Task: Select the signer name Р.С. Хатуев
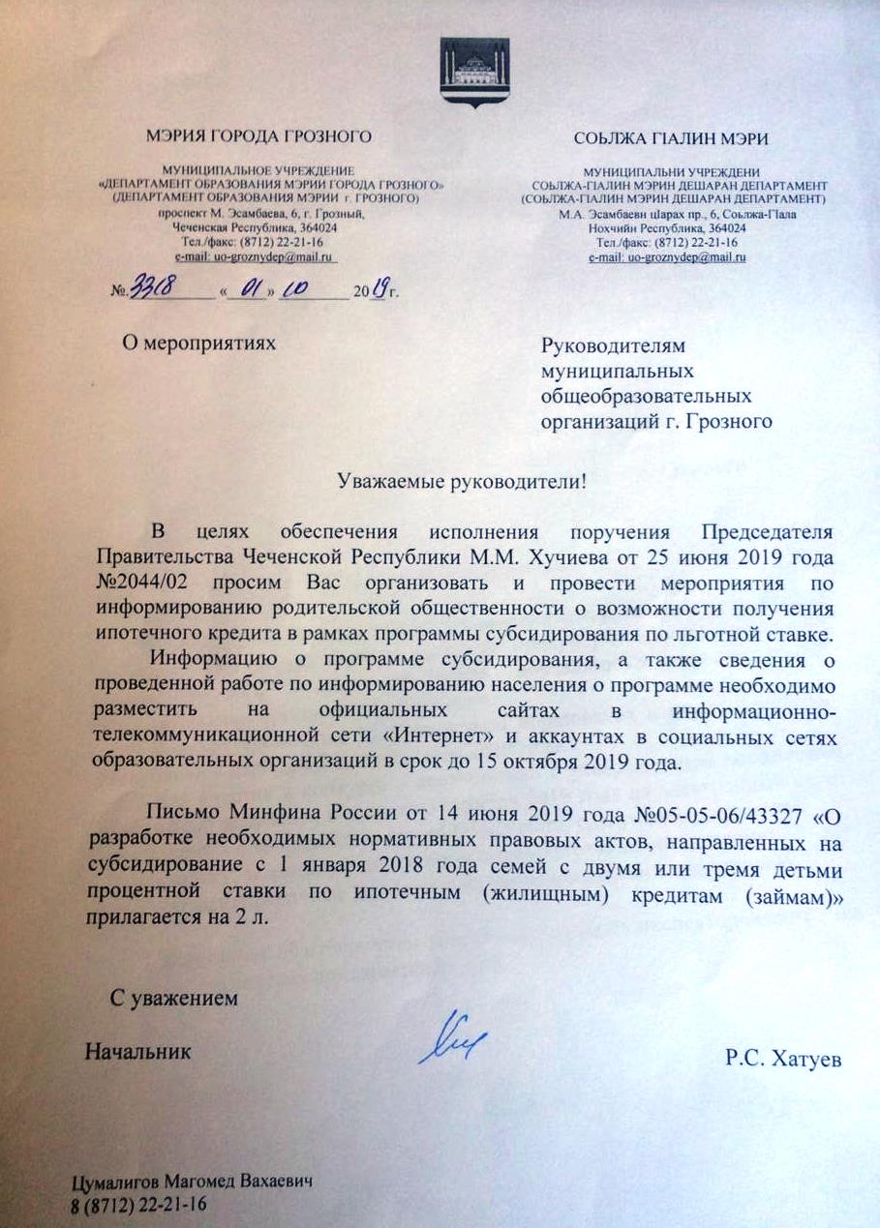(x=783, y=1060)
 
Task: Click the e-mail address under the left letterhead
(x=255, y=257)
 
